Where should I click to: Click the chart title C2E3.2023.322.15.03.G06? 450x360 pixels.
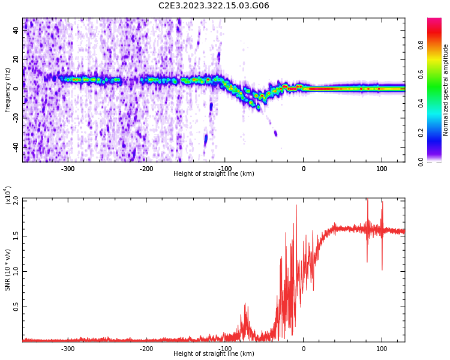(x=214, y=6)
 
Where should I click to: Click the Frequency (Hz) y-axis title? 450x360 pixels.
(x=8, y=90)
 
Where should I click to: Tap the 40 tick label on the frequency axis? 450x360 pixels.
(x=16, y=31)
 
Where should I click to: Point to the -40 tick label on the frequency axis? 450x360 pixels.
(x=15, y=146)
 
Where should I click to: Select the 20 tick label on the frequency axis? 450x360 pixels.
(x=16, y=60)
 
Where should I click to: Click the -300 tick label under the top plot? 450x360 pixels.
(x=68, y=168)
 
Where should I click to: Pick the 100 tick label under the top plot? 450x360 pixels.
(x=382, y=168)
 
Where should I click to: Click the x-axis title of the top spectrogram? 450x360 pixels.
(x=214, y=174)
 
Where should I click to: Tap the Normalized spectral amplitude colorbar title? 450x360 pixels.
(x=446, y=90)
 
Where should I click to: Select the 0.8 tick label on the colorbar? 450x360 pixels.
(x=437, y=45)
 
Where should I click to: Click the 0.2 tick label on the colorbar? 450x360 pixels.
(x=437, y=133)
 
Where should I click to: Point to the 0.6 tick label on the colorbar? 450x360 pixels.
(x=437, y=74)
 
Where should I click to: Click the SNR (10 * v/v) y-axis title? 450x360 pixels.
(x=8, y=270)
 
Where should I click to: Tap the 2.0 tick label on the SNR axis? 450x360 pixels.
(x=16, y=200)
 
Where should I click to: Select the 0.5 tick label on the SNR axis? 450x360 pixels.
(x=16, y=307)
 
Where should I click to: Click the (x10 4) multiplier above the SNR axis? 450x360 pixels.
(x=8, y=195)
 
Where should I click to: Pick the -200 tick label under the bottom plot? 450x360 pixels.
(x=146, y=348)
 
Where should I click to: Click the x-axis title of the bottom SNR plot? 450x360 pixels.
(x=214, y=354)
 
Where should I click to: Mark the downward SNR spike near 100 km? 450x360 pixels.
(x=382, y=269)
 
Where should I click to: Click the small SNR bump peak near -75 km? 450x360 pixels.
(x=245, y=305)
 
